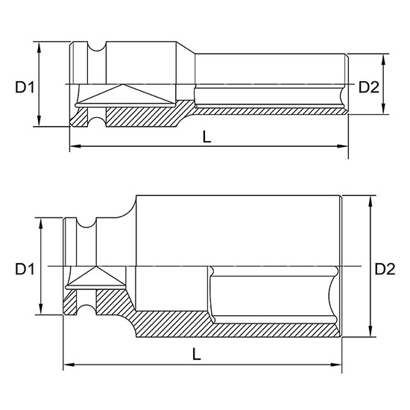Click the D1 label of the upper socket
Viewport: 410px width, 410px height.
click(25, 87)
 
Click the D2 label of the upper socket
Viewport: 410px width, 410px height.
click(369, 87)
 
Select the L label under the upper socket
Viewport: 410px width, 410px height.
click(206, 136)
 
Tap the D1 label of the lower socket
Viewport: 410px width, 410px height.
click(25, 267)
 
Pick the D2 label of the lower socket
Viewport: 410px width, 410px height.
click(385, 268)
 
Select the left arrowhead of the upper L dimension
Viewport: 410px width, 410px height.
click(73, 147)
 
